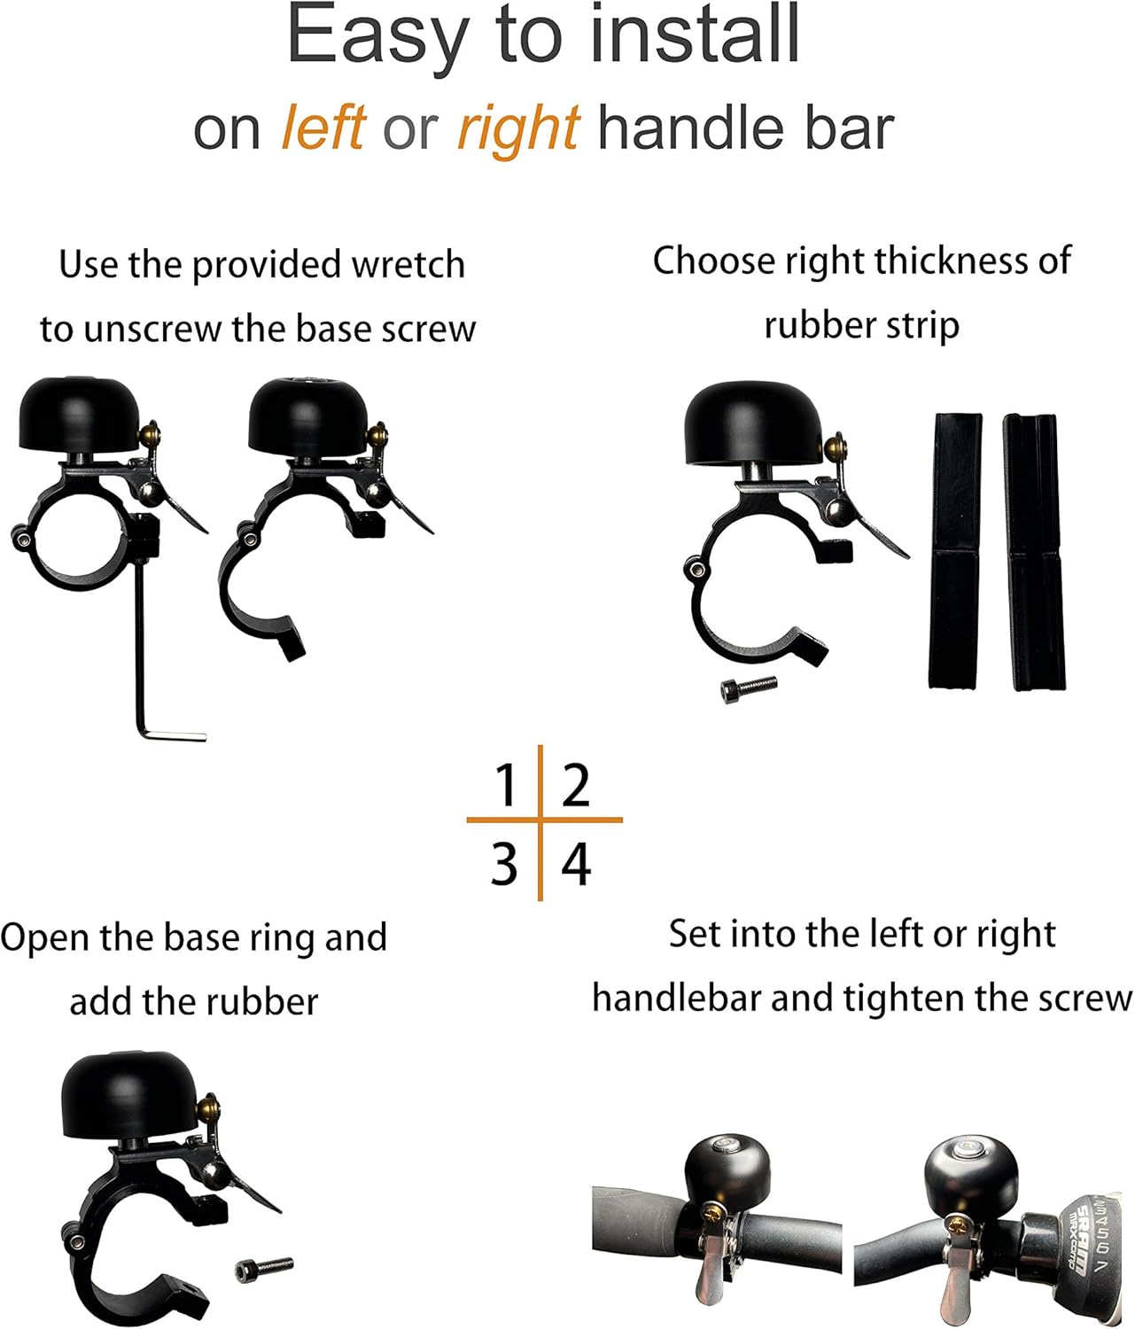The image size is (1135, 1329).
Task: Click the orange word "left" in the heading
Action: point(323,128)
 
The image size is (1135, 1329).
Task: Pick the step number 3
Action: point(504,865)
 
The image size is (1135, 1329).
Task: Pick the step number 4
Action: point(576,865)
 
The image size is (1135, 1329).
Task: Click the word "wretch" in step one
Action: point(408,265)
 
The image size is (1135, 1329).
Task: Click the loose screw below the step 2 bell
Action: point(749,690)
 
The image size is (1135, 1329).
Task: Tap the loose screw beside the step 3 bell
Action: point(264,1270)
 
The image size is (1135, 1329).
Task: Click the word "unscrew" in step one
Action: point(152,330)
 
